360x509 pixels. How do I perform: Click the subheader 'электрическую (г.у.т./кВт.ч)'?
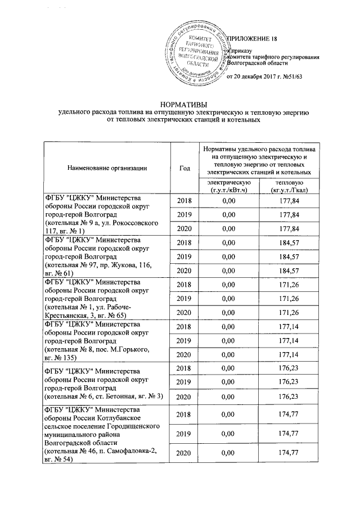coord(228,186)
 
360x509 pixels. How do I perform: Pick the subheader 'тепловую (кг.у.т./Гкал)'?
coord(288,186)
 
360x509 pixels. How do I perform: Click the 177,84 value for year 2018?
coord(288,201)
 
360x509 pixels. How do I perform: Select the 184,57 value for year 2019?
coord(288,257)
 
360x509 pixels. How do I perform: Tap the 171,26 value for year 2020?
coord(288,313)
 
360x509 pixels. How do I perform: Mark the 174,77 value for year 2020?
coord(288,453)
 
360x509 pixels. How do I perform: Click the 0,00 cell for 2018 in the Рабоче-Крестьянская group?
coord(228,285)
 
